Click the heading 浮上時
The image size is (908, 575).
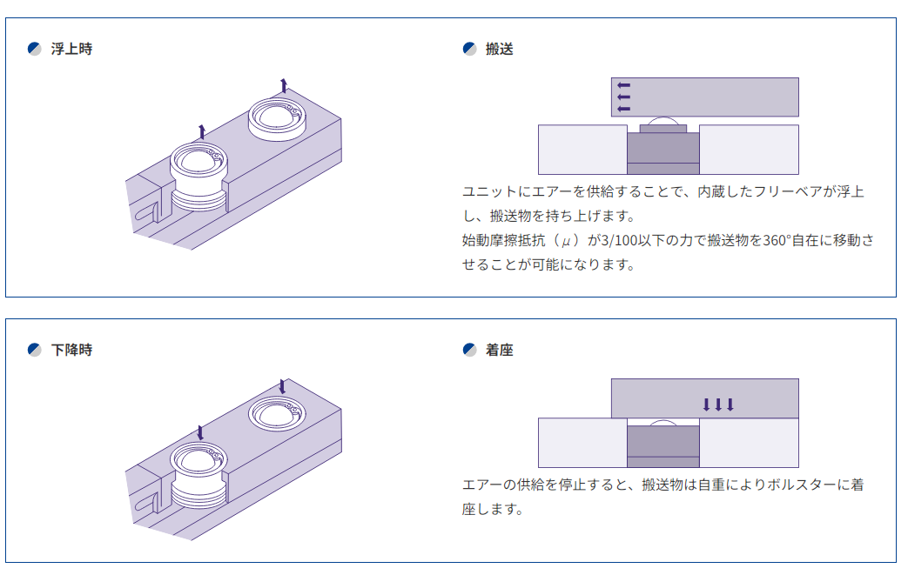71,49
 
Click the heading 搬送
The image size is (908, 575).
500,49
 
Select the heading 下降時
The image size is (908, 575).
71,350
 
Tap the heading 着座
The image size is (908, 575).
500,350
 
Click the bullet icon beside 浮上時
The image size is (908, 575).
35,49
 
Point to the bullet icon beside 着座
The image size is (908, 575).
469,350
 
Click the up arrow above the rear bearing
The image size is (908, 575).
283,85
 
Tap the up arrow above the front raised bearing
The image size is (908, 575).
202,131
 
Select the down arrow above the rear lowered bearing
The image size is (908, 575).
282,385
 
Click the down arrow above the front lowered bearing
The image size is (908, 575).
201,432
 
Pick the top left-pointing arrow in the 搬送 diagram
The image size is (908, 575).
623,85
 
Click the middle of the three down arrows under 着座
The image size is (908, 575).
718,404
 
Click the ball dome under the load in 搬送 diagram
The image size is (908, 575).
662,121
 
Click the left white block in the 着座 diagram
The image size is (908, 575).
582,443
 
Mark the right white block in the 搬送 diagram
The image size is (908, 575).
749,150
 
